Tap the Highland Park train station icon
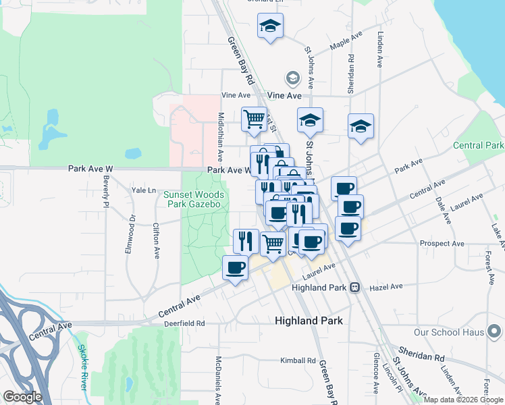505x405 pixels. coord(353,288)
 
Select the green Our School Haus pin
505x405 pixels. coord(494,331)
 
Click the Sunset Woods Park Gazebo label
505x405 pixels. coord(194,200)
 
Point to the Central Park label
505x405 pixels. coord(478,145)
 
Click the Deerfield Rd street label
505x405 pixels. coord(184,323)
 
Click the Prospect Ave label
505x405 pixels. coord(442,243)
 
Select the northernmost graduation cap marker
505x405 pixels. coord(271,27)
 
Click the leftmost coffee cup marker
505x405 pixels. coord(235,267)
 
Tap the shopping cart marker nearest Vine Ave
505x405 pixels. coord(254,119)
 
